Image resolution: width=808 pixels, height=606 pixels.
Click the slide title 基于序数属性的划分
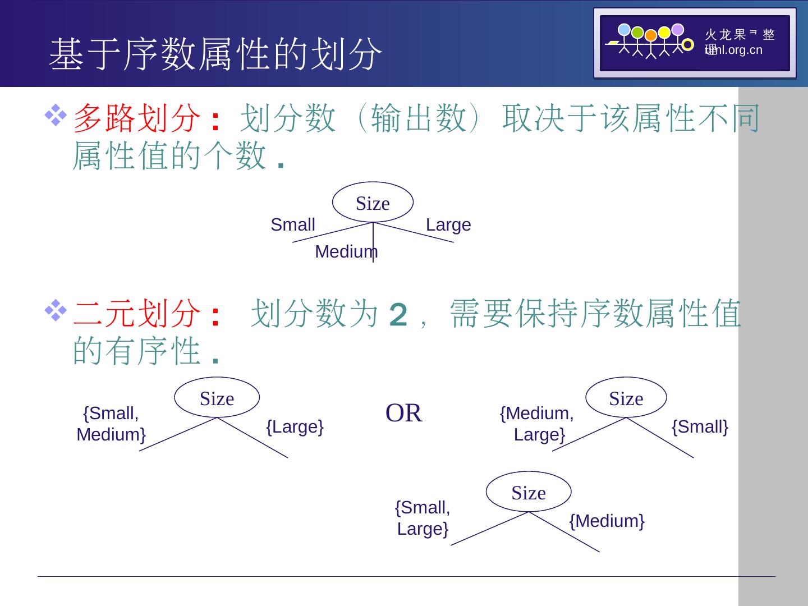tap(216, 54)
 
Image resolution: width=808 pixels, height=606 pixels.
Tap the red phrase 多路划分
tap(137, 118)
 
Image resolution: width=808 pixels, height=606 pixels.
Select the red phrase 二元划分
tap(137, 313)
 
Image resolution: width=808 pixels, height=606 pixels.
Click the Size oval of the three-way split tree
tap(373, 203)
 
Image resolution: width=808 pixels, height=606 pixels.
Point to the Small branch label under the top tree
tap(293, 225)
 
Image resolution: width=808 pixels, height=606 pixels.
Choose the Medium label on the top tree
tap(346, 252)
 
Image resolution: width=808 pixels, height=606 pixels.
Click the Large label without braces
tap(448, 225)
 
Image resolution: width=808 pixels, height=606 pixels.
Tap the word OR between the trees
tap(404, 413)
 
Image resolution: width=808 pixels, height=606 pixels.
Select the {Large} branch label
tap(295, 427)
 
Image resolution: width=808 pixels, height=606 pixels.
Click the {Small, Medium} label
tap(111, 424)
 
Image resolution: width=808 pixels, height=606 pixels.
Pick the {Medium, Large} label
tap(537, 424)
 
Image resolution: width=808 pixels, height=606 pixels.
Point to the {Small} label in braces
tap(700, 427)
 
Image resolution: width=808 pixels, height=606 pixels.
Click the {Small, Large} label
tap(423, 518)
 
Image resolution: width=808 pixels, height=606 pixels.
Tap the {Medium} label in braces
tap(607, 521)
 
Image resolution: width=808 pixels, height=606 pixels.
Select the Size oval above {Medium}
tap(529, 492)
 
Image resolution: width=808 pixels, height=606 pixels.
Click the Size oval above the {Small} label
tap(626, 398)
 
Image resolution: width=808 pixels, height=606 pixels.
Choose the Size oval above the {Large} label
tap(217, 398)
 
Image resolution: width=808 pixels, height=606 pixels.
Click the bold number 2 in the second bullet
tap(398, 315)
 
